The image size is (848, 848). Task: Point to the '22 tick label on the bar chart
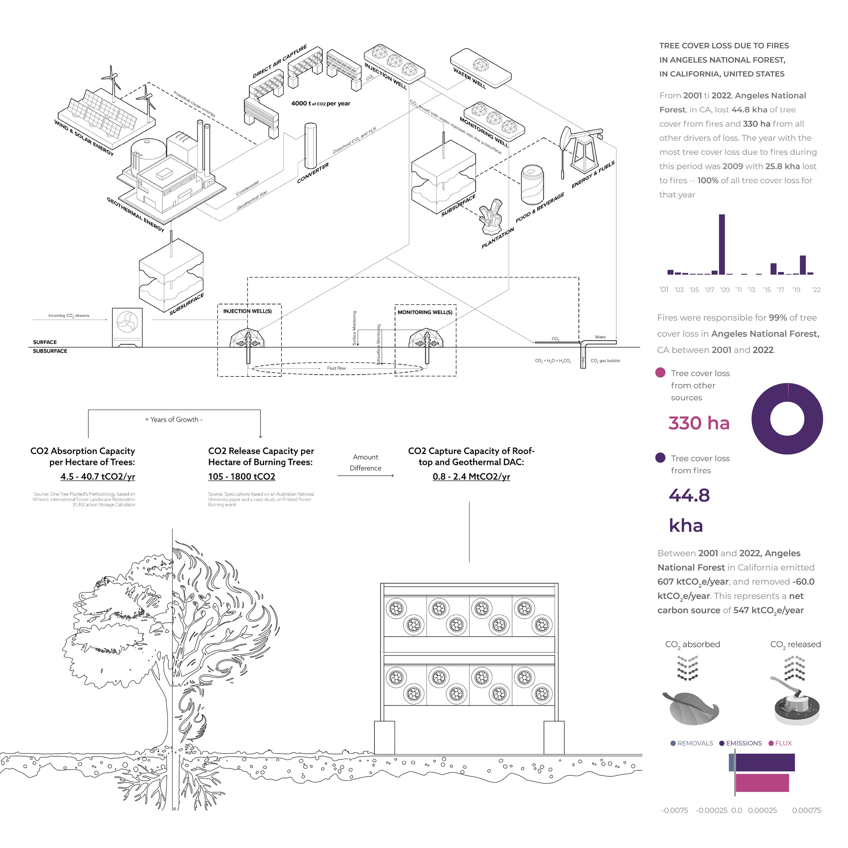click(816, 290)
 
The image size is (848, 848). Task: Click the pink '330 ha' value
click(699, 423)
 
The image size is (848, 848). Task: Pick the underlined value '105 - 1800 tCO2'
click(242, 477)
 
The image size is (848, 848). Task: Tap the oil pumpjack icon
click(582, 149)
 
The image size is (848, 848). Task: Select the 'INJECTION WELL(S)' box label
click(248, 311)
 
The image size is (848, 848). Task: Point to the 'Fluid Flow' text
click(336, 368)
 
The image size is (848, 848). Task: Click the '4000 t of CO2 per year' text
click(321, 103)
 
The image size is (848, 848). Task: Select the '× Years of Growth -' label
click(174, 420)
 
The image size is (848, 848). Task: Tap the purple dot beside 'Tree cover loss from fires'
click(660, 458)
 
